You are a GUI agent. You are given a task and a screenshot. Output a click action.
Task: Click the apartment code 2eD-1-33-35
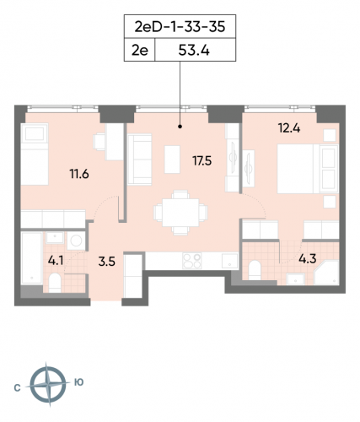180,27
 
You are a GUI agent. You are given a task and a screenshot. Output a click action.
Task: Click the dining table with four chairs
176,209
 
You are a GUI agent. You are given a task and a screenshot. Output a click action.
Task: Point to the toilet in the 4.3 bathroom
255,269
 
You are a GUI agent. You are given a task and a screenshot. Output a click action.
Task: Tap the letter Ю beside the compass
78,383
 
